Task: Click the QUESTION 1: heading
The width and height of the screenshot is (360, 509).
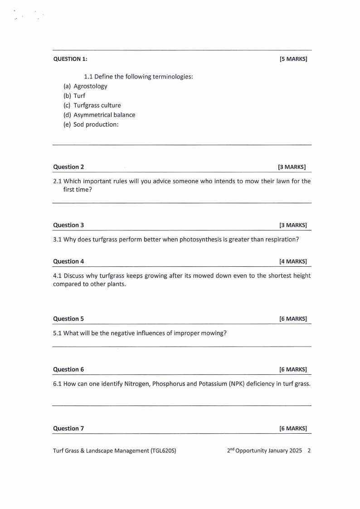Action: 70,59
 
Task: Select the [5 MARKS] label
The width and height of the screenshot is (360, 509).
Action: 293,59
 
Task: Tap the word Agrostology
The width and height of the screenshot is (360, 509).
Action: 90,86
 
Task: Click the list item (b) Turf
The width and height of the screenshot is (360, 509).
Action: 74,96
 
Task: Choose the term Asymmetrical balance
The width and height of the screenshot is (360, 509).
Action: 104,115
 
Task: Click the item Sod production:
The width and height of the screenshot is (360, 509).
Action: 96,124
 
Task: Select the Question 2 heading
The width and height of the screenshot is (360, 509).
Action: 68,167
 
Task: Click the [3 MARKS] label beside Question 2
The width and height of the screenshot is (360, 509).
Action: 292,167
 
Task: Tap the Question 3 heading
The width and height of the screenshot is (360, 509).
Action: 68,225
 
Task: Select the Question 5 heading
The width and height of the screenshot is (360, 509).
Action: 68,319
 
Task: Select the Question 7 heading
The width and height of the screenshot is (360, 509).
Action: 68,428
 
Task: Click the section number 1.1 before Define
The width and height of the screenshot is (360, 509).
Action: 88,77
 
